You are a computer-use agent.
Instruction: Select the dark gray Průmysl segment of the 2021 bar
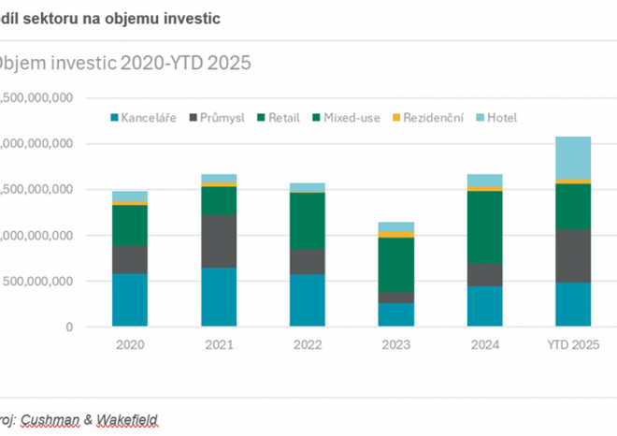tap(219, 240)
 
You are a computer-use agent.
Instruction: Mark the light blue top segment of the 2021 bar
tap(219, 178)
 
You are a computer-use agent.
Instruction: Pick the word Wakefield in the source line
tap(127, 420)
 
